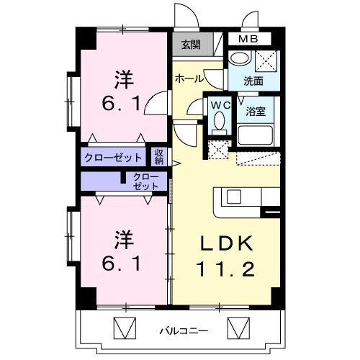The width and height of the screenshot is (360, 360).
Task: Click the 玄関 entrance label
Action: click(191, 45)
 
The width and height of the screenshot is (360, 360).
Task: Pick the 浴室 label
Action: click(256, 111)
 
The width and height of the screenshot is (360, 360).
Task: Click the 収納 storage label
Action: click(158, 156)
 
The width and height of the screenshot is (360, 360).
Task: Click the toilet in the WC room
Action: click(219, 122)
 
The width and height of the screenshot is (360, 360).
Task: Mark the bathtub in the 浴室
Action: click(255, 135)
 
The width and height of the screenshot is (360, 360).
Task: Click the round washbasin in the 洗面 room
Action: click(237, 60)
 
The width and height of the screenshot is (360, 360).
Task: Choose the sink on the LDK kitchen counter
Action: click(235, 197)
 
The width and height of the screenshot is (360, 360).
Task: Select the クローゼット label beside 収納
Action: click(114, 156)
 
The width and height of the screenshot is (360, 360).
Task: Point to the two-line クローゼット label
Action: click(147, 181)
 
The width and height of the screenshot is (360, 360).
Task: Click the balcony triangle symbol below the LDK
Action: click(238, 330)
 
